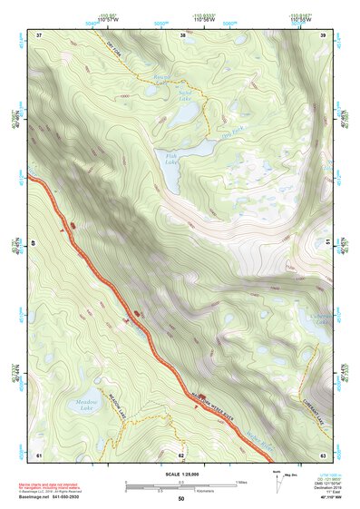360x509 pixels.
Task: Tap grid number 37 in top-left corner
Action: (39, 35)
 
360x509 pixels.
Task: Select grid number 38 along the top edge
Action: (184, 35)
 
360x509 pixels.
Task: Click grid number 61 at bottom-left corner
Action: (39, 454)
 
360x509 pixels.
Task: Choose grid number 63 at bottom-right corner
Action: (323, 454)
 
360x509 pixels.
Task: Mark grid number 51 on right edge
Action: (326, 243)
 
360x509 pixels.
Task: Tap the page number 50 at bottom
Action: (180, 499)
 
